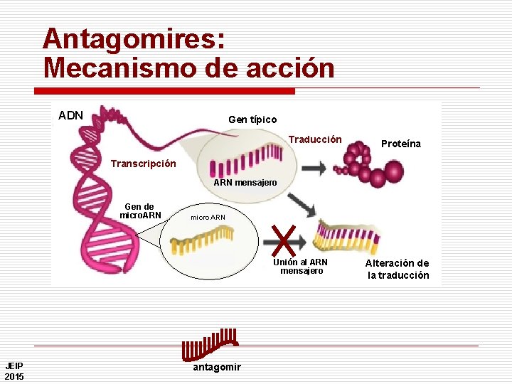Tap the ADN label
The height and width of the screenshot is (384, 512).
tap(70, 115)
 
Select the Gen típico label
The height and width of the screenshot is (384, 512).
tap(252, 119)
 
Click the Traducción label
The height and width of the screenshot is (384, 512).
tap(315, 139)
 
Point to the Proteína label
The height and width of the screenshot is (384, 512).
tap(400, 144)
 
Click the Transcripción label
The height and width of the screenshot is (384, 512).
tap(143, 164)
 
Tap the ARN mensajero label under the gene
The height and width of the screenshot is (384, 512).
tap(245, 183)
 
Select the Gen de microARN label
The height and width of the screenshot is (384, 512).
tap(140, 211)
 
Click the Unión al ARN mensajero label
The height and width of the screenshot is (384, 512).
tap(301, 266)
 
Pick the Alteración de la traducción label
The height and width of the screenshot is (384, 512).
tap(398, 270)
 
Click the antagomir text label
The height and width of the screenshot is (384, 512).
tap(217, 367)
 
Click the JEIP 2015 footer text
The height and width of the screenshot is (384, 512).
tap(14, 370)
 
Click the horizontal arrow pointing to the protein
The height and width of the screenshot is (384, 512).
tap(314, 168)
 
